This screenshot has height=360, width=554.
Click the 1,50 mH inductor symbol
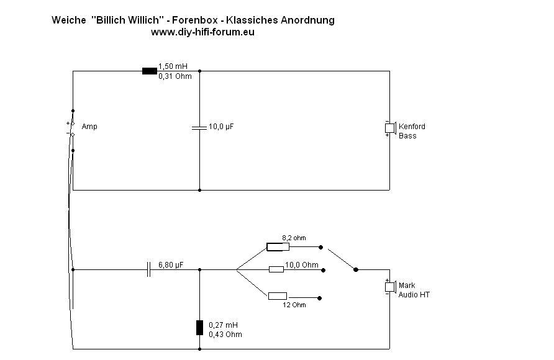pyautogui.click(x=149, y=71)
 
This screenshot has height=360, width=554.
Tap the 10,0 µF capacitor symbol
pyautogui.click(x=199, y=127)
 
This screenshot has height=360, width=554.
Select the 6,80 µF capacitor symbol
pyautogui.click(x=149, y=269)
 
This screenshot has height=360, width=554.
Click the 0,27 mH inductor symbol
pyautogui.click(x=199, y=328)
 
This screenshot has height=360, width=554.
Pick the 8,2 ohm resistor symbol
pyautogui.click(x=278, y=247)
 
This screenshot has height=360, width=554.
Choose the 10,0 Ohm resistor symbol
pyautogui.click(x=276, y=269)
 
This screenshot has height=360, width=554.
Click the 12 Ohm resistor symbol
pyautogui.click(x=277, y=296)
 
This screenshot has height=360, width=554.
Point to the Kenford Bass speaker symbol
pyautogui.click(x=389, y=128)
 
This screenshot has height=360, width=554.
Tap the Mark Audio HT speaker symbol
pyautogui.click(x=389, y=287)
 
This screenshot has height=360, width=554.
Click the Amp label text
pyautogui.click(x=89, y=127)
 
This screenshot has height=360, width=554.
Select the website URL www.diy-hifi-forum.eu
pyautogui.click(x=202, y=32)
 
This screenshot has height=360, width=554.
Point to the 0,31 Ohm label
pyautogui.click(x=175, y=76)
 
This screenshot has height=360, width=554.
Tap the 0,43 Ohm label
pyautogui.click(x=225, y=335)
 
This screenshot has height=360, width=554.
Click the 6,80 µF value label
pyautogui.click(x=171, y=264)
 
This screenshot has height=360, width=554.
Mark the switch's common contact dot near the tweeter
pyautogui.click(x=355, y=269)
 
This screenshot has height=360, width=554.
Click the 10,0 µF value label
pyautogui.click(x=221, y=127)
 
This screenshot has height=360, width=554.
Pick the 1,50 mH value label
pyautogui.click(x=173, y=66)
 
